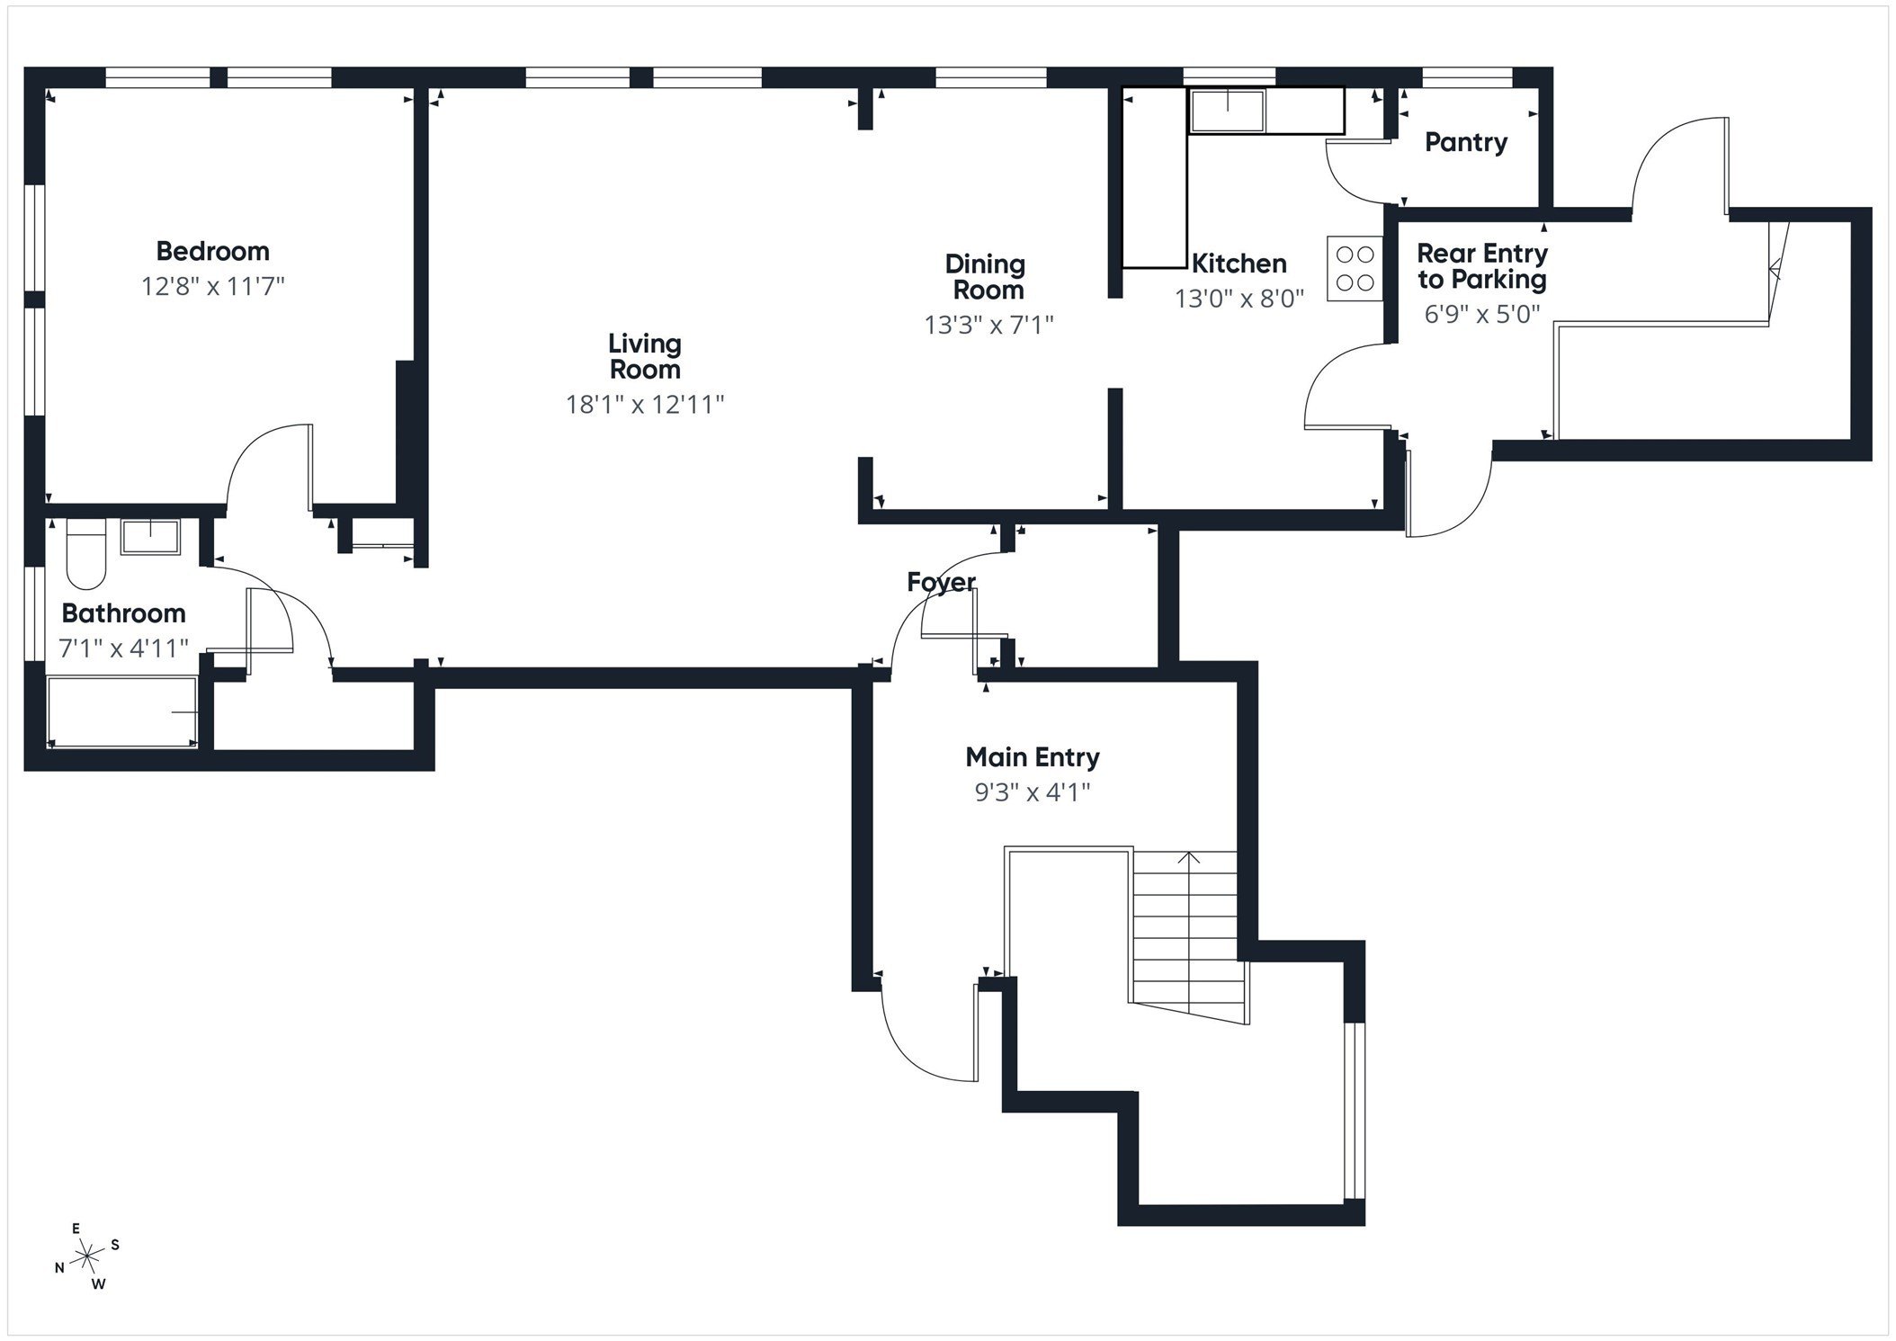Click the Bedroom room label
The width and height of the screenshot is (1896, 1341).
(x=212, y=251)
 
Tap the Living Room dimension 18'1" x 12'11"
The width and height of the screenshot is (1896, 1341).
(x=644, y=404)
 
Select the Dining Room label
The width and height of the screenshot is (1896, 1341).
(x=987, y=277)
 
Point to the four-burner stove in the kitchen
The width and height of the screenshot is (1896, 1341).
(x=1355, y=268)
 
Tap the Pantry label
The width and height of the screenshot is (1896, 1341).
(x=1465, y=142)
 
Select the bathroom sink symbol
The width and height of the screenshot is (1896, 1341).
(x=150, y=537)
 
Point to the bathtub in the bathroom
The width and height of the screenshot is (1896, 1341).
(x=122, y=712)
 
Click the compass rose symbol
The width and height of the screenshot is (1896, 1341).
(x=86, y=1256)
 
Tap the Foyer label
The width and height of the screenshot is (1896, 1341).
(x=941, y=583)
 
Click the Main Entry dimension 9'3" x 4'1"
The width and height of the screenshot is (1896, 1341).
(x=1032, y=792)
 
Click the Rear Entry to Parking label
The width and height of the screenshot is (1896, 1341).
(x=1481, y=266)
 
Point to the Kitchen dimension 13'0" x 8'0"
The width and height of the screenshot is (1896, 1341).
(x=1239, y=299)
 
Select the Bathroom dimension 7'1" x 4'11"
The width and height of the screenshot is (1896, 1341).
(x=123, y=648)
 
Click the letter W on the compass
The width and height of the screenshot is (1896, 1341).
(x=98, y=1284)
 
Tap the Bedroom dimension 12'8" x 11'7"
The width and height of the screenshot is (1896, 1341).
(x=212, y=287)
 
